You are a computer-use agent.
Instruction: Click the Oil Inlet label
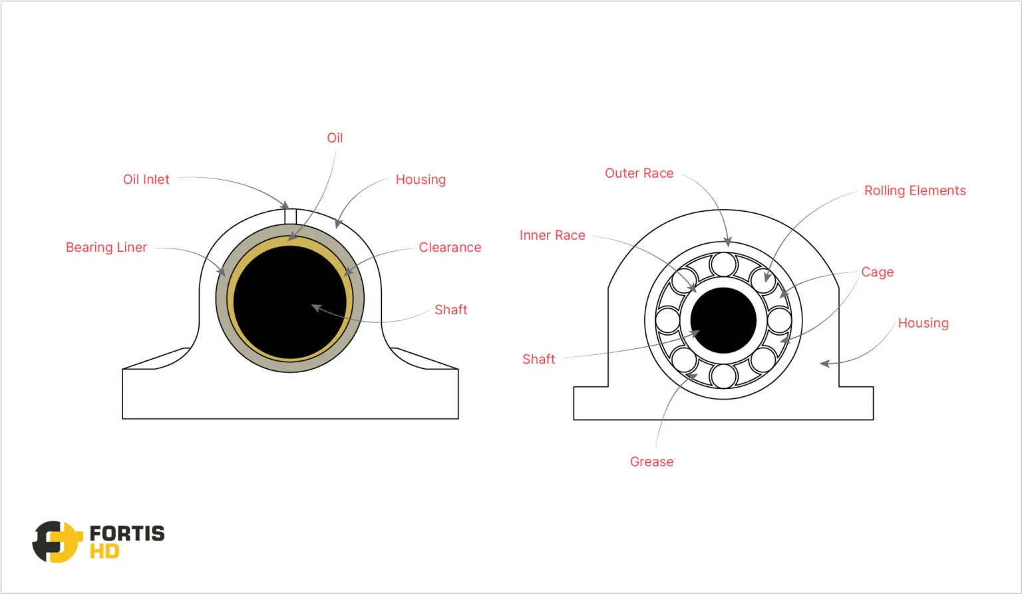pos(146,180)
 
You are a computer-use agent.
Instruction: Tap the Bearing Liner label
pos(106,248)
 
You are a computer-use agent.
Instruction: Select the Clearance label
pos(450,248)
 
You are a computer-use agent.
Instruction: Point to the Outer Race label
pos(639,174)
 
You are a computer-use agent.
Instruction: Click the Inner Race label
pos(552,236)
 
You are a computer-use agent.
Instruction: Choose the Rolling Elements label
pos(915,191)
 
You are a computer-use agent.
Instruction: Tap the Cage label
pos(877,272)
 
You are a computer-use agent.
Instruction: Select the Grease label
pos(651,462)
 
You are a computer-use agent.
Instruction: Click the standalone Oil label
pos(335,139)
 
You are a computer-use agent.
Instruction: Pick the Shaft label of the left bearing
pos(450,310)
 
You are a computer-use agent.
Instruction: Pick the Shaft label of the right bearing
pos(538,360)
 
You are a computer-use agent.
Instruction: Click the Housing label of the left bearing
pos(421,180)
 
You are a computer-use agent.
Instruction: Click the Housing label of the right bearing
pos(923,324)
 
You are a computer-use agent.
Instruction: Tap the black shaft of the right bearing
pos(723,320)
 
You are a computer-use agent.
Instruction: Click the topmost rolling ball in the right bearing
pos(723,264)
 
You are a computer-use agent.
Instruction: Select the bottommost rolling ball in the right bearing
pos(723,376)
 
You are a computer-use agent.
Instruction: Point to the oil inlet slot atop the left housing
pos(290,216)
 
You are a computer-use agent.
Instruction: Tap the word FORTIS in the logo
pos(127,533)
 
